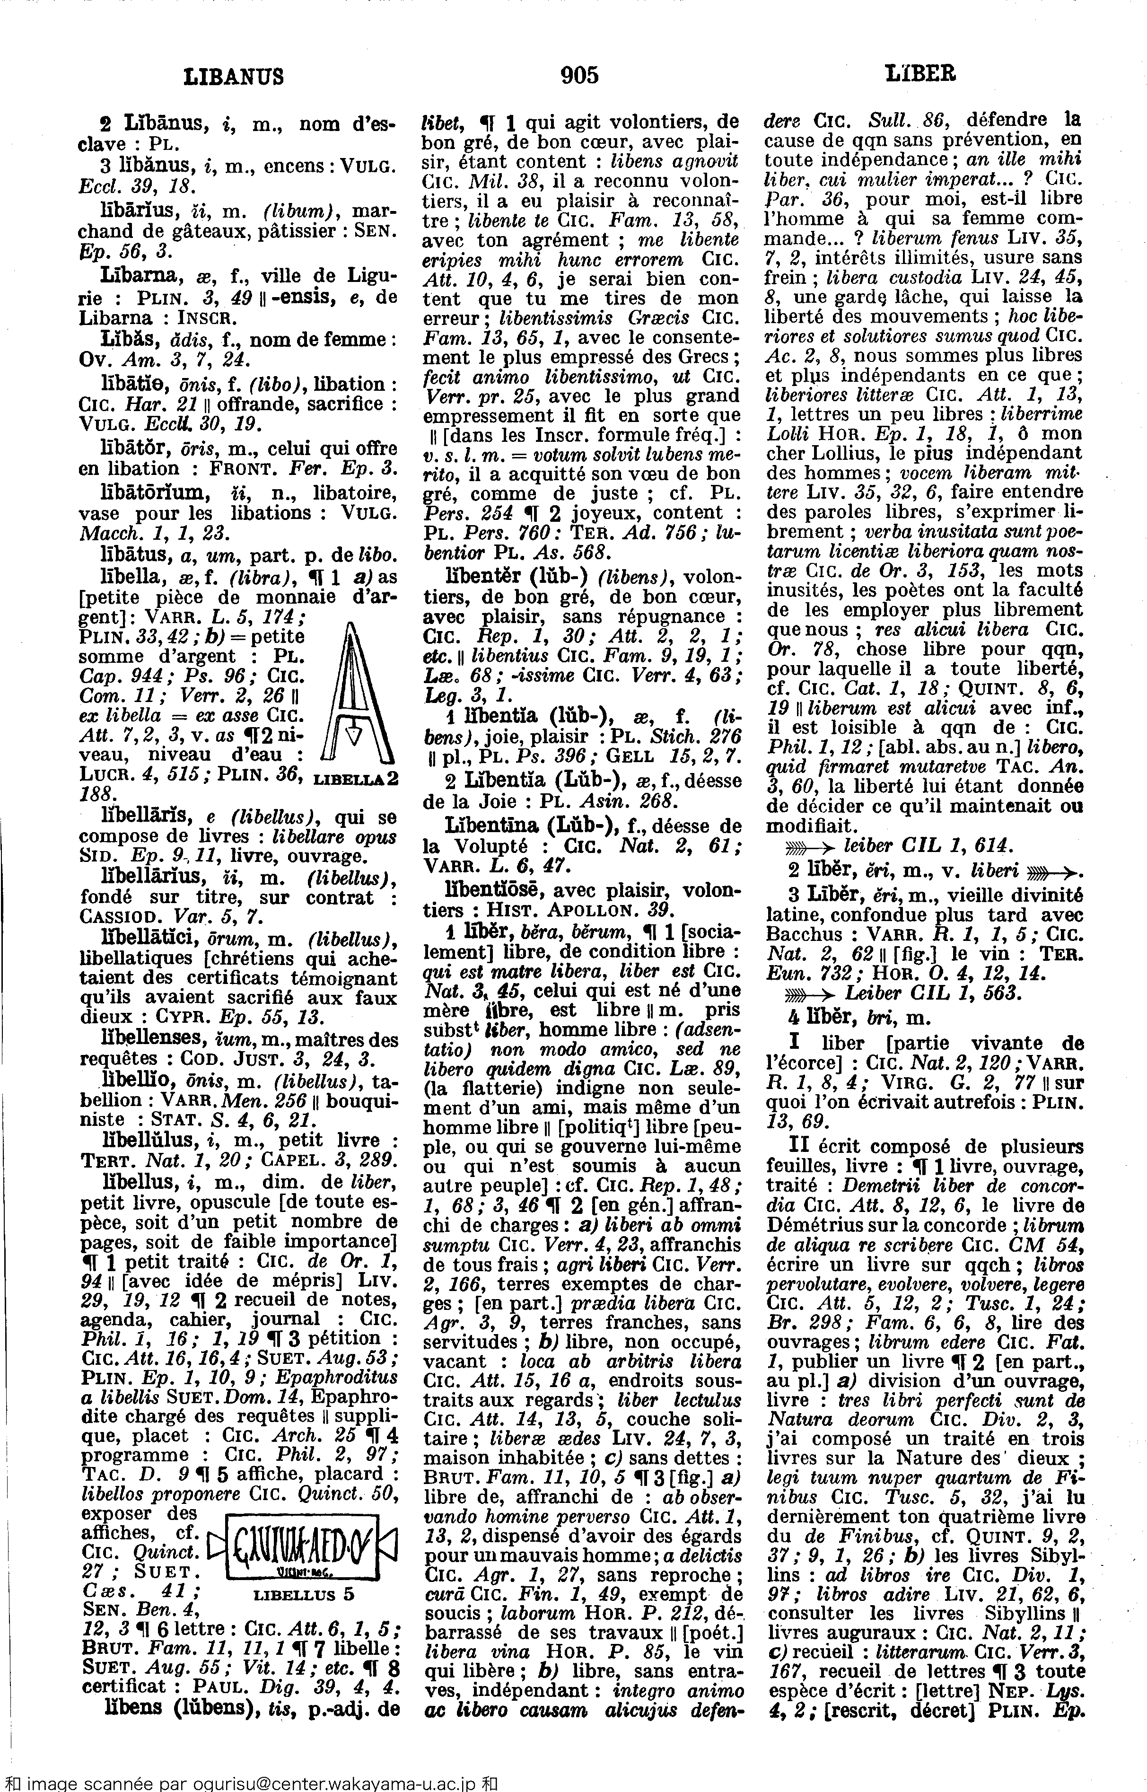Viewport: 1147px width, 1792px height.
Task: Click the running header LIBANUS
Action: point(233,76)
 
